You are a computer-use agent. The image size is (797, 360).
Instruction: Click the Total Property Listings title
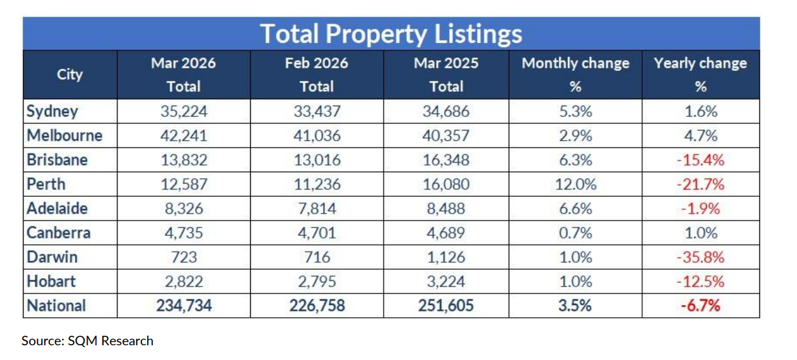[x=391, y=34]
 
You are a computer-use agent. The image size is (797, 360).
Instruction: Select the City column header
[x=70, y=75]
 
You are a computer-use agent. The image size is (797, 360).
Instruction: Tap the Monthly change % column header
[x=575, y=75]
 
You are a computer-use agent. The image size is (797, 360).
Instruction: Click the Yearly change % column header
[x=700, y=75]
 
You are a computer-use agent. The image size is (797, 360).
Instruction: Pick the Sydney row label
[x=52, y=111]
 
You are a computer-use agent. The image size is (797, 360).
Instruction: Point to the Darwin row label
[x=52, y=257]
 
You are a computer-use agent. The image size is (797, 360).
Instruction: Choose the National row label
[x=56, y=306]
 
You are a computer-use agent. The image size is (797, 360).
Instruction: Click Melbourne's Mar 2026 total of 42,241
[x=184, y=136]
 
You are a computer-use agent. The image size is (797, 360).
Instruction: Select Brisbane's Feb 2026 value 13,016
[x=317, y=160]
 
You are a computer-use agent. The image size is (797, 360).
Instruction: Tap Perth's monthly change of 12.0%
[x=575, y=184]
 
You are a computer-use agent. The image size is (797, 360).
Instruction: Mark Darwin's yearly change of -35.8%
[x=700, y=257]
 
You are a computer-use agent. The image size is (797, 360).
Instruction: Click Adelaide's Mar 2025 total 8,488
[x=446, y=208]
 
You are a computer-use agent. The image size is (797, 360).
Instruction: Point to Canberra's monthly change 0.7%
[x=575, y=233]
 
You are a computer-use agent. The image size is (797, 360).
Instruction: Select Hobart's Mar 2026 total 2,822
[x=184, y=281]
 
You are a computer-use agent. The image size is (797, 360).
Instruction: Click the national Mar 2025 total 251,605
[x=446, y=306]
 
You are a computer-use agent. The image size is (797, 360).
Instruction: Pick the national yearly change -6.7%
[x=700, y=306]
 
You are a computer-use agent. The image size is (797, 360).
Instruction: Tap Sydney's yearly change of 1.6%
[x=700, y=112]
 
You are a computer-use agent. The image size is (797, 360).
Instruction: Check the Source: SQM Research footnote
[x=87, y=341]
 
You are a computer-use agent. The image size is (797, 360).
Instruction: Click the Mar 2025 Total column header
[x=446, y=75]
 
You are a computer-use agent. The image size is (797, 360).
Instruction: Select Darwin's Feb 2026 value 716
[x=317, y=257]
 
